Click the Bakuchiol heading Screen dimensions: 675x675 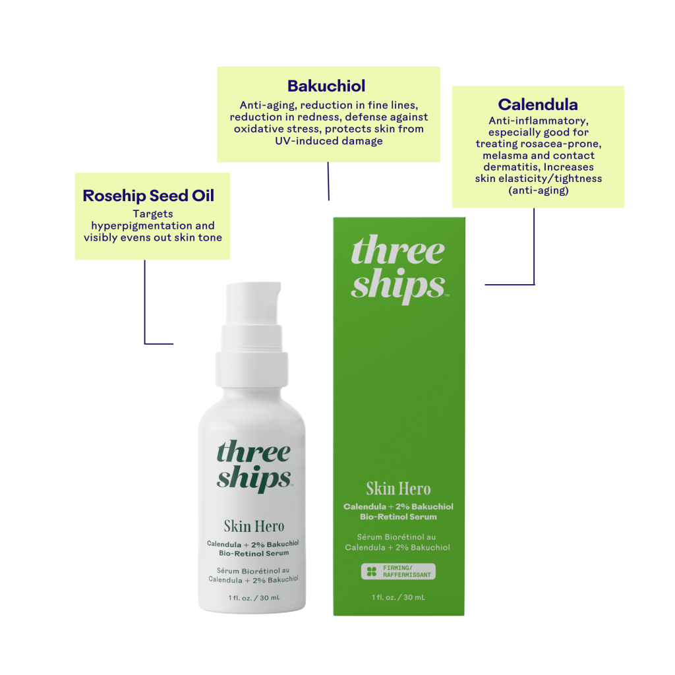326,86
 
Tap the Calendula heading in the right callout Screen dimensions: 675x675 538,105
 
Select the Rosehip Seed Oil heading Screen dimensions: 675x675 148,196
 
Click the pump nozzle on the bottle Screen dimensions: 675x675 254,303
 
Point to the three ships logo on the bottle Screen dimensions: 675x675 254,465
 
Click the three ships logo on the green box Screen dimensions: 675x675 399,269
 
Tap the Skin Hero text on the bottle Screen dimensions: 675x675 254,526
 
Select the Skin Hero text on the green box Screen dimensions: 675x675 398,488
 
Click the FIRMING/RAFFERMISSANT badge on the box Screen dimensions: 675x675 398,572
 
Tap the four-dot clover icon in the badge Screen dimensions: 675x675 372,572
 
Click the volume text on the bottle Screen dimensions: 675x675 254,598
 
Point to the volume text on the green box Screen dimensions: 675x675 398,597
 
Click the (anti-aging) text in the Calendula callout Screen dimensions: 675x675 538,191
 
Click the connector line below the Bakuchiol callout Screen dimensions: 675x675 328,181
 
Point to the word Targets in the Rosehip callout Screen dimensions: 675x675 153,214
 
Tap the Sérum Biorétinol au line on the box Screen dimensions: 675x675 396,537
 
